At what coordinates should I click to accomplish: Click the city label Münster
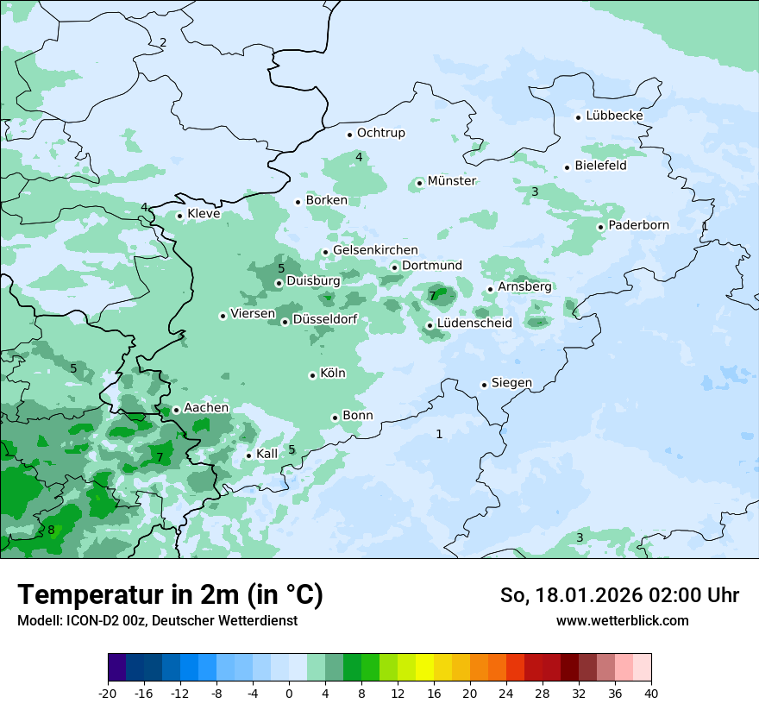(x=451, y=181)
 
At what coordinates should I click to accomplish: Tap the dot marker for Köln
(x=312, y=375)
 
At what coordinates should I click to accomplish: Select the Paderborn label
(x=638, y=225)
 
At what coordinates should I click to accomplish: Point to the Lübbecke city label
(x=614, y=116)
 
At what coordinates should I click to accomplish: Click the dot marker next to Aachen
(x=176, y=411)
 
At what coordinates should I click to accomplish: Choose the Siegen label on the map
(x=511, y=383)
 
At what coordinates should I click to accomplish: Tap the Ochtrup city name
(x=380, y=133)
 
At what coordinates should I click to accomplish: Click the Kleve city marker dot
(x=179, y=216)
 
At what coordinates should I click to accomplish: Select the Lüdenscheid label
(x=474, y=323)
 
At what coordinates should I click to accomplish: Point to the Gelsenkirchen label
(x=375, y=250)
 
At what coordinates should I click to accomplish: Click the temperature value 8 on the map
(x=51, y=530)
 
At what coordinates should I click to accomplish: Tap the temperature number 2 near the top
(x=163, y=42)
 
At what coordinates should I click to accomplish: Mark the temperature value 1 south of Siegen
(x=439, y=434)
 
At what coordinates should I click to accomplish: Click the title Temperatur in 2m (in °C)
(x=170, y=594)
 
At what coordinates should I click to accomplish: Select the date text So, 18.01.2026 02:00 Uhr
(x=619, y=595)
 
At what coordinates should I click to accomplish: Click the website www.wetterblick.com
(x=622, y=620)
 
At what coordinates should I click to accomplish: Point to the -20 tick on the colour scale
(x=108, y=693)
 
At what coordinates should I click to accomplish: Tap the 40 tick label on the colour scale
(x=651, y=693)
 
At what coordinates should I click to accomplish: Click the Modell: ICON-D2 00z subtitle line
(x=157, y=620)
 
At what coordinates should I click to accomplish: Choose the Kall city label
(x=267, y=454)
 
